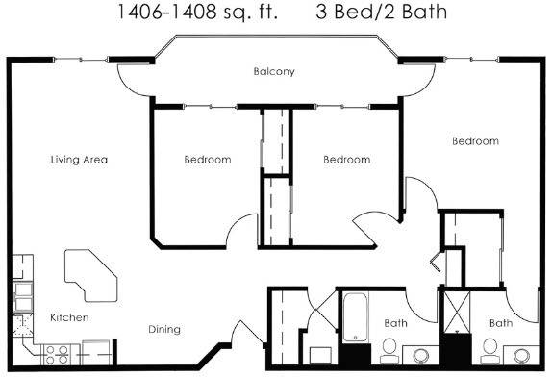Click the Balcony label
pos(274,71)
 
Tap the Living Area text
pos(79,160)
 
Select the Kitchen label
pos(69,317)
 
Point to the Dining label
pos(164,330)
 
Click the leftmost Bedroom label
pos(208,160)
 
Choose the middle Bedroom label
pos(347,160)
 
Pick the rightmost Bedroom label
pos(476,141)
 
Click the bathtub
pos(356,317)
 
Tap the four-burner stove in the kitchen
pos(57,355)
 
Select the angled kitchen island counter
pos(90,276)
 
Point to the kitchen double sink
pos(23,297)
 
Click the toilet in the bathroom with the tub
pos(389,351)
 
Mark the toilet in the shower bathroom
pos(490,351)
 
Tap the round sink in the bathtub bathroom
pos(420,356)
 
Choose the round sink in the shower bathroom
pos(521,356)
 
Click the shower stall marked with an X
pos(457,312)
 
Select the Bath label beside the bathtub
pos(395,323)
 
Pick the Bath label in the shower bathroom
pos(501,323)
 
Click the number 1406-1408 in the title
pos(166,12)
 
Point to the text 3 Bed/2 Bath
pos(381,12)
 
